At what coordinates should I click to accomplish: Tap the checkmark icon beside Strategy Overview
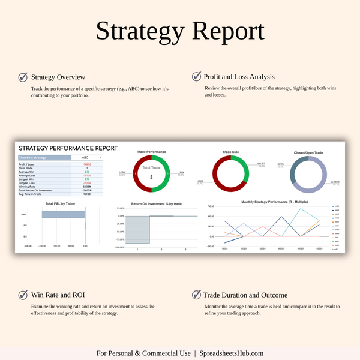coord(23,77)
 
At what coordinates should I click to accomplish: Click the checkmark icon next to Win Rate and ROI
coord(23,295)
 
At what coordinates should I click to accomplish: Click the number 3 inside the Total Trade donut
coord(151,178)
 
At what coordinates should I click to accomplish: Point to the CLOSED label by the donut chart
coord(335,182)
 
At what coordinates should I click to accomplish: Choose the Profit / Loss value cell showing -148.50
coord(87,164)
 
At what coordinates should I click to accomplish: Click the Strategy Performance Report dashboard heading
coord(68,148)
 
